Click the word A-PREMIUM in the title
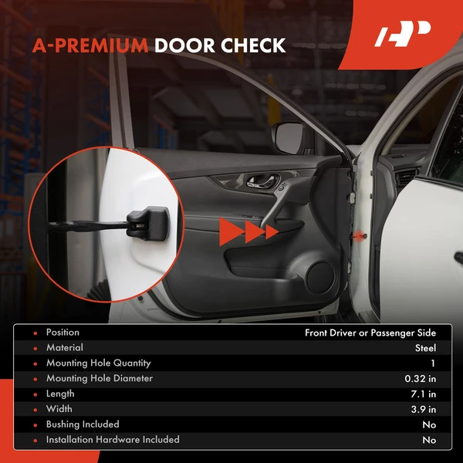90,46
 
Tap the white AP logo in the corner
402,36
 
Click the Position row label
63,333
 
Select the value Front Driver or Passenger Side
370,333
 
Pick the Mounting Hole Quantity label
98,363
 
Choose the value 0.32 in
420,379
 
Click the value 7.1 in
423,394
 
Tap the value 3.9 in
423,409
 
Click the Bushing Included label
83,424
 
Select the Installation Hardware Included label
113,440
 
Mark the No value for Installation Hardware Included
429,440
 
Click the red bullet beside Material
35,348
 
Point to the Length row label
60,394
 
